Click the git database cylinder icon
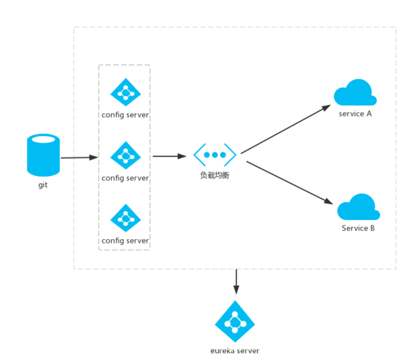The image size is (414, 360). [43, 155]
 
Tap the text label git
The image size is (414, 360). [43, 185]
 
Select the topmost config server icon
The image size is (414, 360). [126, 92]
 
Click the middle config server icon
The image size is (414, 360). [126, 155]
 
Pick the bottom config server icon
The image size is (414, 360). [126, 218]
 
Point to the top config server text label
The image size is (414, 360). [125, 114]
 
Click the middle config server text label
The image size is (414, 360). [125, 178]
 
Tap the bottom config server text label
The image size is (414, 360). [125, 241]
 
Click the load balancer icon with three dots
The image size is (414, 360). [215, 154]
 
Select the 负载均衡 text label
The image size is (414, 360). [215, 175]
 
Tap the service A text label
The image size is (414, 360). [355, 113]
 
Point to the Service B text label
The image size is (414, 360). [358, 228]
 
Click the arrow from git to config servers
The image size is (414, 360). [79, 158]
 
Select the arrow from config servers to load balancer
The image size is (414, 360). [169, 157]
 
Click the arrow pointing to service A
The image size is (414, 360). [286, 128]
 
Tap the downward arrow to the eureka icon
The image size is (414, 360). [237, 282]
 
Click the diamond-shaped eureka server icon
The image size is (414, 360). [235, 321]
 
